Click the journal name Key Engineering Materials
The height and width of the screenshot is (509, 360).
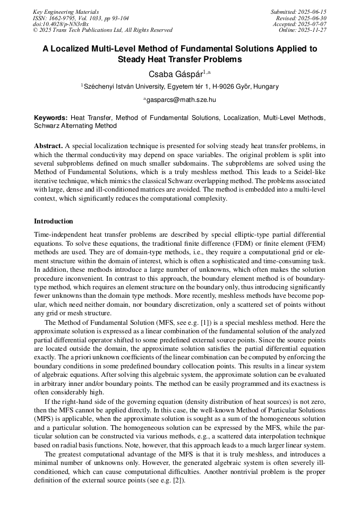click(x=65, y=12)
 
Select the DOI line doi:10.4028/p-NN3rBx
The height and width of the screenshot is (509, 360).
click(x=61, y=24)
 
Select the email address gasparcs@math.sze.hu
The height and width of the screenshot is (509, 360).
click(x=181, y=99)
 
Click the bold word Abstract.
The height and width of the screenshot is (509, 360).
click(x=48, y=145)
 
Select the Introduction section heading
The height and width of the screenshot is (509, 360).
click(x=54, y=221)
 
